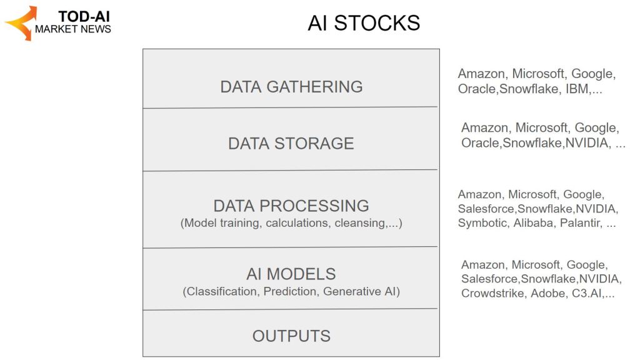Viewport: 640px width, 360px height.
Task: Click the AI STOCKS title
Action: tap(364, 23)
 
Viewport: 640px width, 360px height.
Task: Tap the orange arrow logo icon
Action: tap(21, 23)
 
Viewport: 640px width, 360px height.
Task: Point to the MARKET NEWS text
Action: tap(73, 29)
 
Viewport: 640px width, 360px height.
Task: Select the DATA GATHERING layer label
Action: tap(291, 86)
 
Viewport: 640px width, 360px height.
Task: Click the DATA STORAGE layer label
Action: tap(291, 143)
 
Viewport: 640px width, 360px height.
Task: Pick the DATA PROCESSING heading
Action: tap(291, 206)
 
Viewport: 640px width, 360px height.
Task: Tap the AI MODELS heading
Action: tap(291, 274)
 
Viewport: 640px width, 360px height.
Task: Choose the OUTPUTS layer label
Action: tap(291, 336)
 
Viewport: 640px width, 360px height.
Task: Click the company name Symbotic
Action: tap(482, 223)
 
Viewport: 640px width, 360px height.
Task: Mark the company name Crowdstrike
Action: tap(492, 293)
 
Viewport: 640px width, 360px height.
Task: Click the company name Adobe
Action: tap(547, 293)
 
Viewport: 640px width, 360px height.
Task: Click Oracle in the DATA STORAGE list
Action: tap(480, 143)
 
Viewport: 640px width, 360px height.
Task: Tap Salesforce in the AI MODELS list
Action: tap(489, 279)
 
